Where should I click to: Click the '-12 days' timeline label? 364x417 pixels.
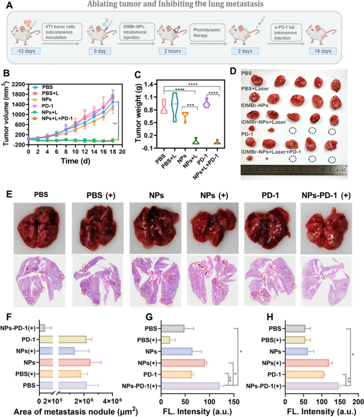[26, 51]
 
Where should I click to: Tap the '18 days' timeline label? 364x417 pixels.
[323, 51]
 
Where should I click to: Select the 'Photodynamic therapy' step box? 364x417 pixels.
[207, 32]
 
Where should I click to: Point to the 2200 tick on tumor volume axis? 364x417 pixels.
[18, 84]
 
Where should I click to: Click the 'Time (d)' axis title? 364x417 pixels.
[75, 161]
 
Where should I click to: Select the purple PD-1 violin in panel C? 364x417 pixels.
[206, 103]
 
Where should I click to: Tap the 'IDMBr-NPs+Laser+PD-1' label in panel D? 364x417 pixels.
[271, 152]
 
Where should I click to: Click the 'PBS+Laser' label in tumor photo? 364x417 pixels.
[255, 88]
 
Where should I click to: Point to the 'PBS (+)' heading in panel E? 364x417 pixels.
[101, 195]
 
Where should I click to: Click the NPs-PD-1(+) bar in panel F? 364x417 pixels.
[42, 328]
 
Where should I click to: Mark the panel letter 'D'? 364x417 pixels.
[233, 71]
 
